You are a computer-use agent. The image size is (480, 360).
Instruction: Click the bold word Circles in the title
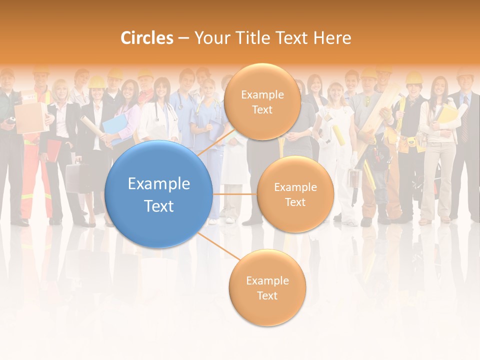146,38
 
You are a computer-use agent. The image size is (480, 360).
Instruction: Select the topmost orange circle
262,101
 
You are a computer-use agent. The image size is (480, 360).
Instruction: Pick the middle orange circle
295,194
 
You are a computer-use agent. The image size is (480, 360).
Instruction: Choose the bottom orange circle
267,288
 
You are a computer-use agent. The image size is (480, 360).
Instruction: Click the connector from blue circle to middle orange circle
234,194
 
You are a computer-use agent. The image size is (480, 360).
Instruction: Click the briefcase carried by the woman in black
77,177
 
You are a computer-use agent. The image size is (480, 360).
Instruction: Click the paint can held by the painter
355,177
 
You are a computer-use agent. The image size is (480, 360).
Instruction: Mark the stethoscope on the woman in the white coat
159,112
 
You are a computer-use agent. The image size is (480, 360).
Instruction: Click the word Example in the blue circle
158,184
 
